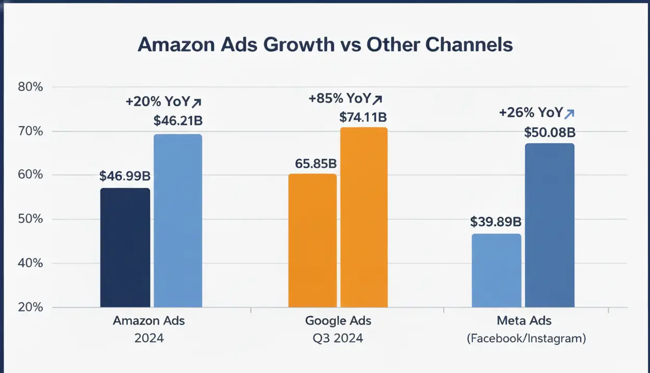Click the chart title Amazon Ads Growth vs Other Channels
325,45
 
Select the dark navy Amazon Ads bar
125,247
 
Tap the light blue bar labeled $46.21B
178,221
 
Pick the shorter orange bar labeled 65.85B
312,240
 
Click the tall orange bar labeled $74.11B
364,217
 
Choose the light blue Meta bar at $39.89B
496,270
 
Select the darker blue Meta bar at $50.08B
549,225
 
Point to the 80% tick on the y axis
30,87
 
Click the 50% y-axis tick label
30,219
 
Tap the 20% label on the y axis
30,307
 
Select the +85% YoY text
340,98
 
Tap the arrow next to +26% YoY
569,113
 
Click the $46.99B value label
125,176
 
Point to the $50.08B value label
549,132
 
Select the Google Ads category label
339,320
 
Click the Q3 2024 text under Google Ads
339,338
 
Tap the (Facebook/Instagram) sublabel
526,339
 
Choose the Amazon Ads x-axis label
149,320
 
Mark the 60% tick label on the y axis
30,175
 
